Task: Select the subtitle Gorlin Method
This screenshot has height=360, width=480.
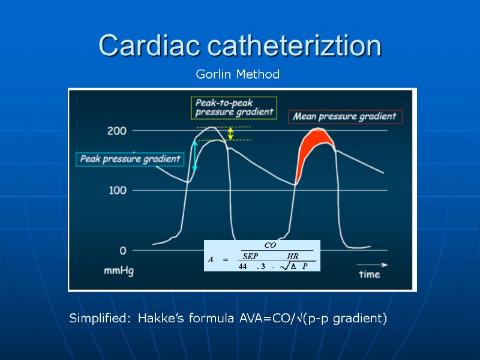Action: (238, 74)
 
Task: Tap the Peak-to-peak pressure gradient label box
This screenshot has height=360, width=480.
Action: (233, 107)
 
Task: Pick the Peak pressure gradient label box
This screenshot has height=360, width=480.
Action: (130, 159)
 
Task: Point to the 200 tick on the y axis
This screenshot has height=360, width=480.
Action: (116, 130)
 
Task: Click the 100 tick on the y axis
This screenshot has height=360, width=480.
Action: (116, 190)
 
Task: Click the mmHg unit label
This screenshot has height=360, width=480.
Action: (119, 271)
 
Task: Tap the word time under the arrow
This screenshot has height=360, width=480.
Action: (370, 274)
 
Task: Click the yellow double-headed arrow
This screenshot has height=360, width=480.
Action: (230, 133)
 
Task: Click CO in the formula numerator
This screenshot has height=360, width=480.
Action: (270, 245)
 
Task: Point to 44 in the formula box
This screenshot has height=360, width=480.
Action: (243, 266)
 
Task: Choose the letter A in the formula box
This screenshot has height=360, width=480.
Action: (211, 260)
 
